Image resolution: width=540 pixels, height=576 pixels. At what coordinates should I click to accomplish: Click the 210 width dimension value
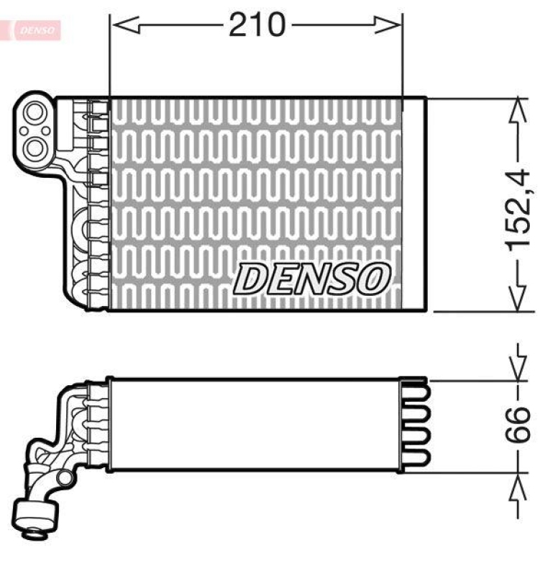pos(257,26)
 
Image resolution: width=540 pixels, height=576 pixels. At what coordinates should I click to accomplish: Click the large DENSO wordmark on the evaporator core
pos(314,278)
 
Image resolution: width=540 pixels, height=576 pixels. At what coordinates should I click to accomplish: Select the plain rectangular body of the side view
pos(252,425)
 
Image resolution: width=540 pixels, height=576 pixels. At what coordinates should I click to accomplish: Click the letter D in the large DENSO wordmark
pos(251,278)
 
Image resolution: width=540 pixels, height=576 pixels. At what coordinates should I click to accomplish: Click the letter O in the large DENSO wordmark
pos(375,278)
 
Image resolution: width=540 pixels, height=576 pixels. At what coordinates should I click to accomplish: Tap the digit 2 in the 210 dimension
pos(239,26)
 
